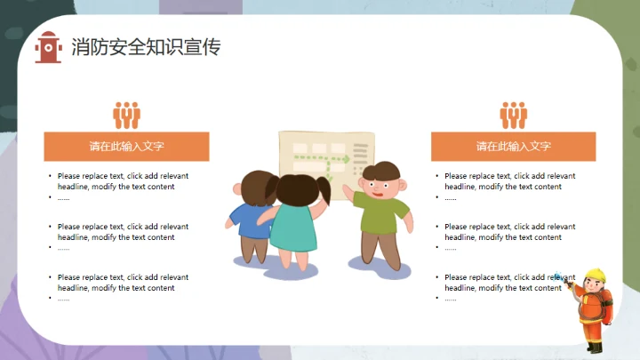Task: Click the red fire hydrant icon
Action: coord(48,47)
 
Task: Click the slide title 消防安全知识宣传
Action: coord(146,47)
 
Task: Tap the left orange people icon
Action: coord(126,115)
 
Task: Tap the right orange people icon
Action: coord(513,115)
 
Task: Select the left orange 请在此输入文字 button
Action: coord(126,147)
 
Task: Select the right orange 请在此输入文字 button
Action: coord(513,147)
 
